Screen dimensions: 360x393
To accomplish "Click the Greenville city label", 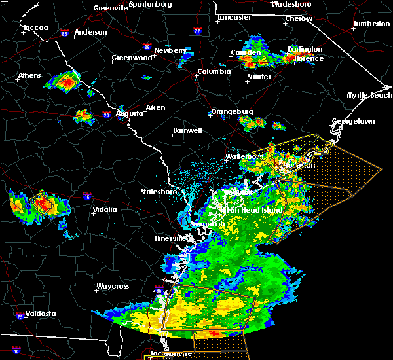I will (x=110, y=9).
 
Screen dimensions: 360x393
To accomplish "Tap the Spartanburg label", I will (x=150, y=4).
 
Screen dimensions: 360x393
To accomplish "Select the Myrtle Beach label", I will (x=369, y=96).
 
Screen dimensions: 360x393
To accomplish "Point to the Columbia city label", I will (x=214, y=72).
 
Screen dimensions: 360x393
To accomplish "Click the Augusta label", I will (x=129, y=113).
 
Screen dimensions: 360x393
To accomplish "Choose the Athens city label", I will (x=29, y=75).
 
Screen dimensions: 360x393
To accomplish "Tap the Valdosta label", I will (x=40, y=314).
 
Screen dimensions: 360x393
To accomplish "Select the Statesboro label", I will (x=159, y=192).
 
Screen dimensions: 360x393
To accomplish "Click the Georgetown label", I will (x=353, y=122).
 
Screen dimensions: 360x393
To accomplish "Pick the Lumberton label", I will (x=371, y=24).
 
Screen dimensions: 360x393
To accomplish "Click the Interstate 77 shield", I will (x=196, y=31).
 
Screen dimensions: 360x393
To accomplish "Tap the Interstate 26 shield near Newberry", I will (x=148, y=47).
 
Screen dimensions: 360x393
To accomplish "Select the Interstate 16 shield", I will (x=87, y=196).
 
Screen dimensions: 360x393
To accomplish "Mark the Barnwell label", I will (x=187, y=131).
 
